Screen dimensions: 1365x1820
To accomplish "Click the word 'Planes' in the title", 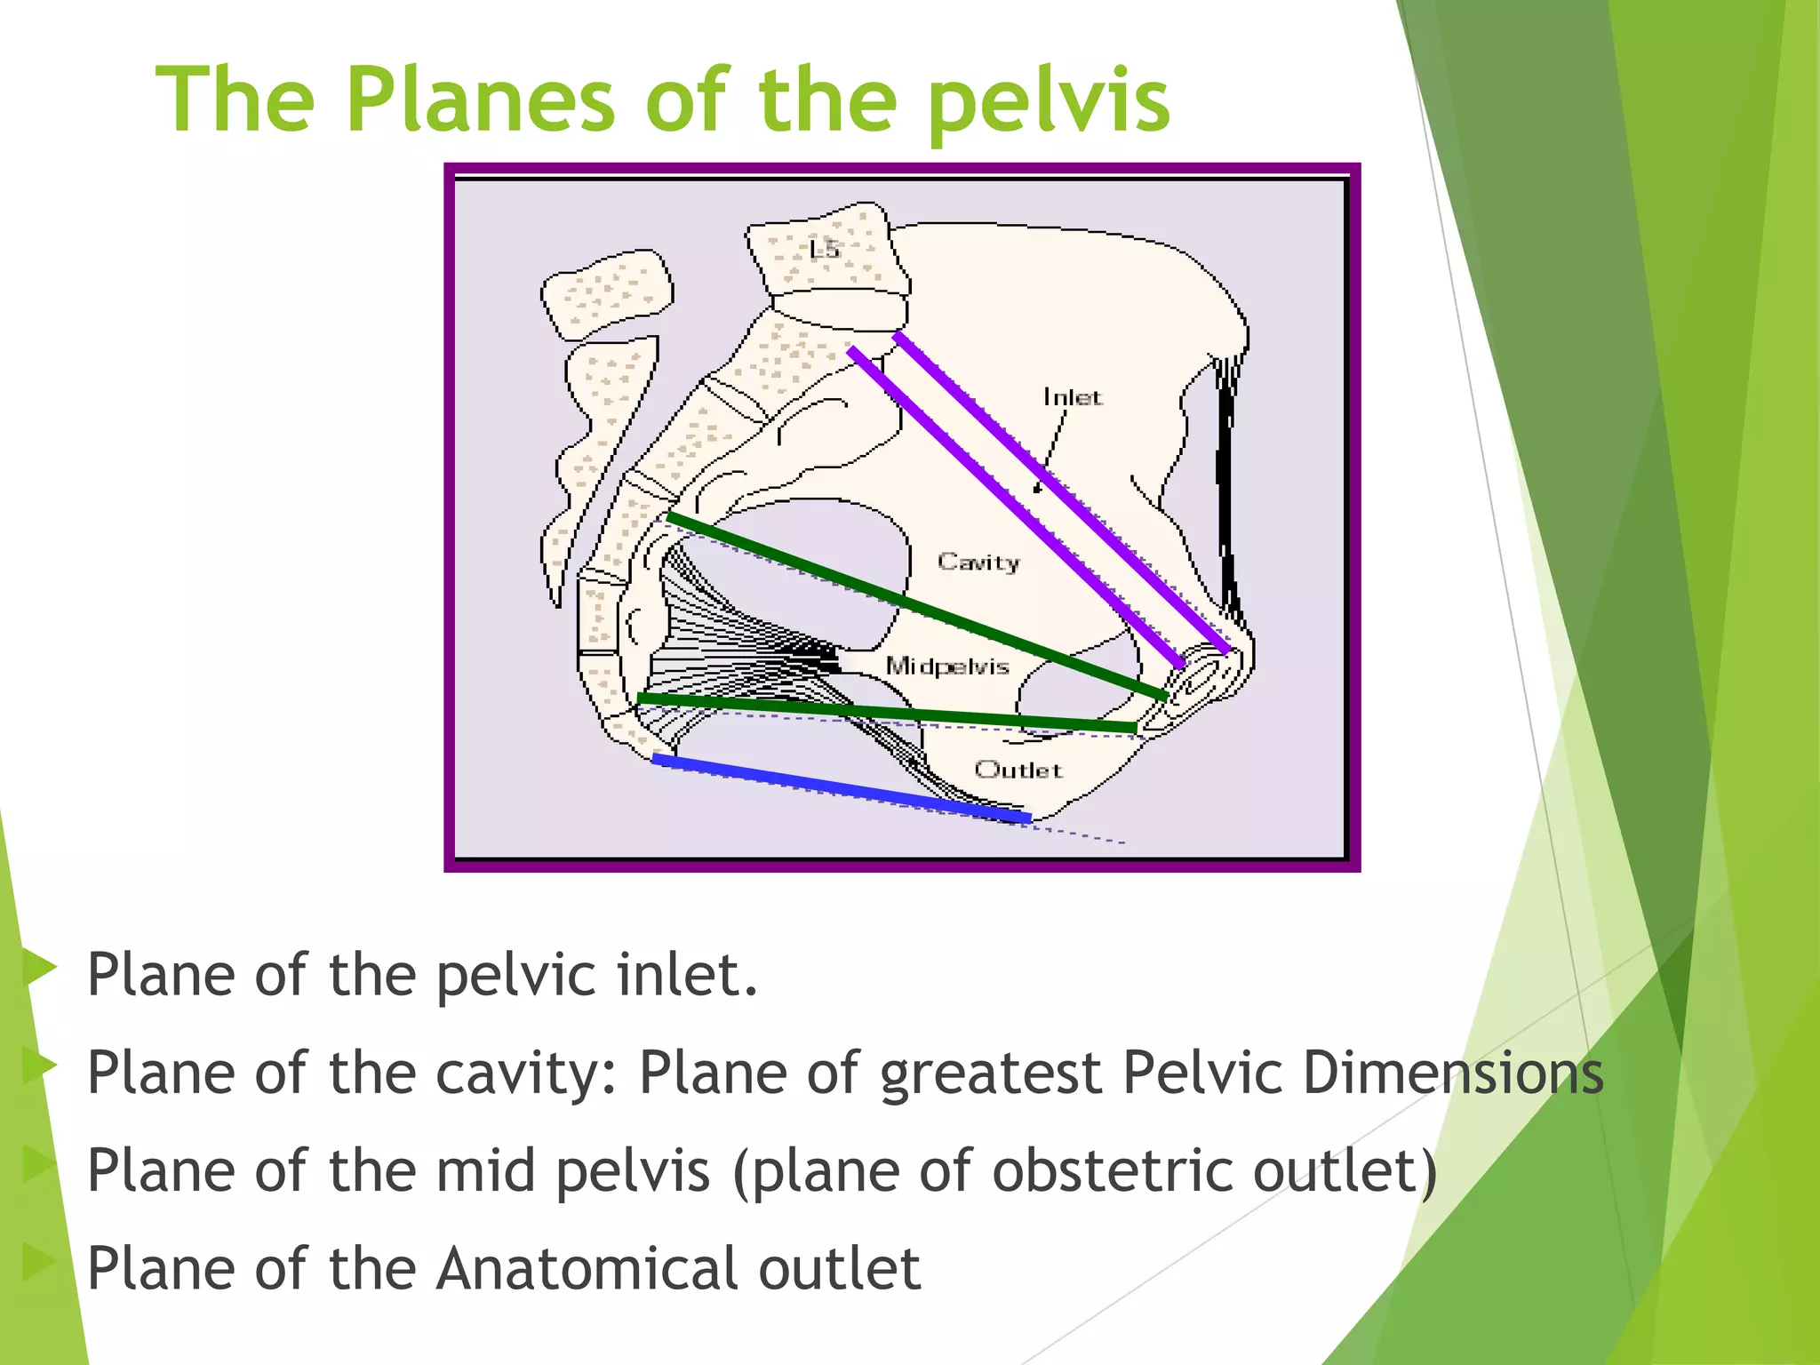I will click(480, 100).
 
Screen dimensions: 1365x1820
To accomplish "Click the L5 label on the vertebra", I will click(824, 249).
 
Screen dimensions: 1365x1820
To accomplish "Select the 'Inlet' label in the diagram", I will click(1072, 397).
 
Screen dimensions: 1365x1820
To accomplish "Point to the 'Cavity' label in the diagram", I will click(978, 562).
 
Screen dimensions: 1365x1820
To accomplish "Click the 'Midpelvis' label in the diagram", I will click(947, 666).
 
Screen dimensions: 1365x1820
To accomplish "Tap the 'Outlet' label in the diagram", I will click(1018, 770).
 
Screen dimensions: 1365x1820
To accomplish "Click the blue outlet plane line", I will click(840, 786).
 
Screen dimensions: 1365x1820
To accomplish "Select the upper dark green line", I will click(915, 604).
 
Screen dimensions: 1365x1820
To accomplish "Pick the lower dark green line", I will click(889, 712).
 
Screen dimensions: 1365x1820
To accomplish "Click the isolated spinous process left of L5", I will click(607, 295).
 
